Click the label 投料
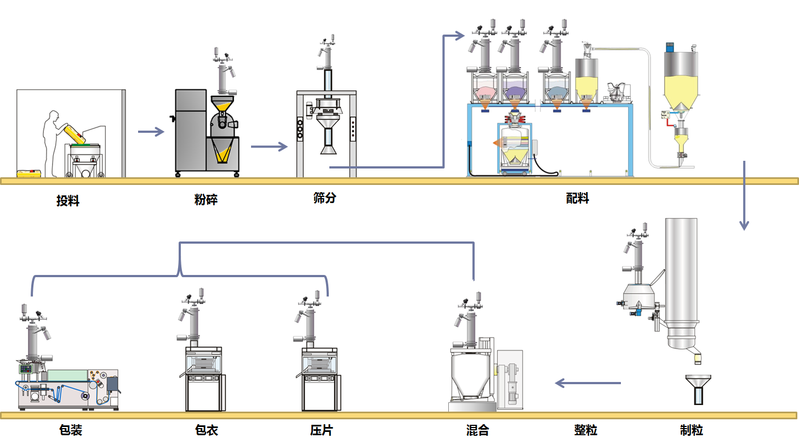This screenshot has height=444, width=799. point(68,201)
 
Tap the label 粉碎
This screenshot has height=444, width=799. point(206,200)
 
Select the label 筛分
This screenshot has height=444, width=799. point(324,198)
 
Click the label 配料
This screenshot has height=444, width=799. point(578,199)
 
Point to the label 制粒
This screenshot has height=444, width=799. point(692,430)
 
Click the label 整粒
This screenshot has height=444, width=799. point(586,430)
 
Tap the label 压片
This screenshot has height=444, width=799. point(321,430)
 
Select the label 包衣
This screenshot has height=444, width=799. point(207,430)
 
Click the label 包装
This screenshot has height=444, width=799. point(71,430)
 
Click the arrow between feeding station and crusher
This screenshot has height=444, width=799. point(151,132)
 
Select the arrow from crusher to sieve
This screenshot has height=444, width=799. point(269,147)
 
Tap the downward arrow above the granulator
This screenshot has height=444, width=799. point(744,195)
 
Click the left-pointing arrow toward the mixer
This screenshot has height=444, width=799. point(587,383)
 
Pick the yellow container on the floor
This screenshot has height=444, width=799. point(30,173)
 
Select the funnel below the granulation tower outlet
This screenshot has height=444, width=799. point(698,387)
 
